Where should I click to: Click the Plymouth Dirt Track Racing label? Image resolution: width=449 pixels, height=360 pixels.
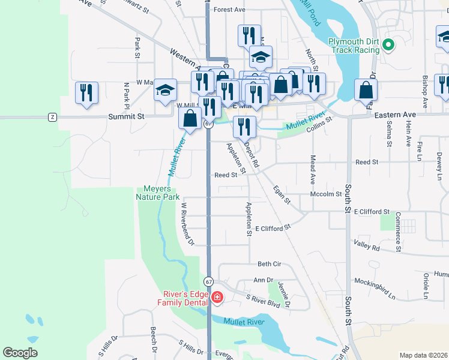[x=354, y=46]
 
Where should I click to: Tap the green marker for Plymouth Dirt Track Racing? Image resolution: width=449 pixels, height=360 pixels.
[x=388, y=44]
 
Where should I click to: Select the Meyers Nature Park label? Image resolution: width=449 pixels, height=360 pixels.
[x=158, y=193]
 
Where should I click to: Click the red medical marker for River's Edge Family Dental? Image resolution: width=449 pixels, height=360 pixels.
[x=217, y=297]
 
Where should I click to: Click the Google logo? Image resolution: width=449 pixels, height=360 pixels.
[x=20, y=353]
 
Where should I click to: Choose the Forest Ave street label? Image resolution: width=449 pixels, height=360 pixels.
[x=229, y=10]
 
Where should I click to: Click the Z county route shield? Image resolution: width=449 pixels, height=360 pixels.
[x=53, y=116]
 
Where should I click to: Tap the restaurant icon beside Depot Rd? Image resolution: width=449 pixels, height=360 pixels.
[x=244, y=126]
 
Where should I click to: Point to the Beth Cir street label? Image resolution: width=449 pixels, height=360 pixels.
[x=269, y=264]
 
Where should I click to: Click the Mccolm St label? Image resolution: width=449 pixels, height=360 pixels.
[x=325, y=194]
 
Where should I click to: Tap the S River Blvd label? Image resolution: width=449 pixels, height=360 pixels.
[x=264, y=301]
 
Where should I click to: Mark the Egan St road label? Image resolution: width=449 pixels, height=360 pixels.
[x=282, y=194]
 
